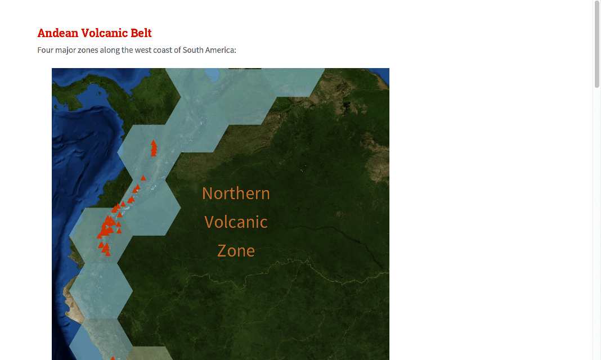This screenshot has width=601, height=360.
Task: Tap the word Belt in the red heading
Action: pos(141,33)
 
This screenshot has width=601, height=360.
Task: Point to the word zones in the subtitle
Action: pos(88,50)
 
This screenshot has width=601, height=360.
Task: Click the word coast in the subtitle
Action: pos(163,50)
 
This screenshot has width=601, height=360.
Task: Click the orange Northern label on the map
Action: pos(236,193)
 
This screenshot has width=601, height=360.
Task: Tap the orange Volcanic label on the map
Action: pos(236,222)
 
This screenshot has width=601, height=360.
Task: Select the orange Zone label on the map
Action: pos(236,251)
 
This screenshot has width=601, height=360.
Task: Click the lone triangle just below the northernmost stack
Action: pos(143,178)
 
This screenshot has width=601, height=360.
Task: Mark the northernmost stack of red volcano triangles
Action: pos(154,148)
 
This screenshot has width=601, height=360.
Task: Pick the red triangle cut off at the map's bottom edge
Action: pos(113,358)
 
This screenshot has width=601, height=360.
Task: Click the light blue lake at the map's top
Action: pos(212,74)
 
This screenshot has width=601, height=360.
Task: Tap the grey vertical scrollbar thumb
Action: pos(597,44)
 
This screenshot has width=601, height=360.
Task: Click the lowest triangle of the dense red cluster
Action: pos(107,253)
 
